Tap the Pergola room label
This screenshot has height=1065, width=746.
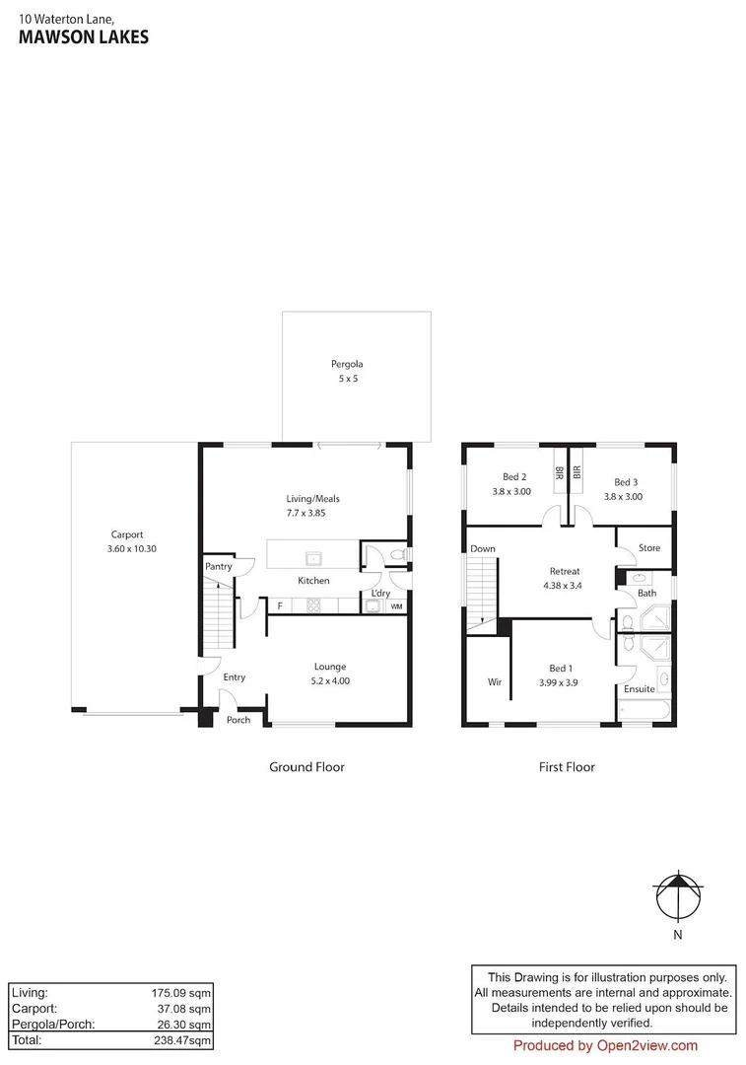pos(346,364)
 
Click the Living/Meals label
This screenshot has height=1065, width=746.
pos(312,499)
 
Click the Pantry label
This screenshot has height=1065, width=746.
pos(218,567)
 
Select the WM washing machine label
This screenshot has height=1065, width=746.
pos(396,606)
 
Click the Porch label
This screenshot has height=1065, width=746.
pos(238,720)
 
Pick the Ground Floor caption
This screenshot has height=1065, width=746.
pos(306,767)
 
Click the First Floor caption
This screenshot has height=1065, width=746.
pos(567,767)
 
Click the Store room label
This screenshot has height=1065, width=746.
pos(648,548)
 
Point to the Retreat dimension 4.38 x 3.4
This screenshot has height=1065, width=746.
pos(564,585)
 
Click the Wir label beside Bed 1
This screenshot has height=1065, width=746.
pos(494,681)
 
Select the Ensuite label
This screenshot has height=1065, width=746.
pos(639,689)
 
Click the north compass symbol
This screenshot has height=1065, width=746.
pos(678,896)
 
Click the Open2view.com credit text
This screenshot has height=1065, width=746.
pos(605,1046)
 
